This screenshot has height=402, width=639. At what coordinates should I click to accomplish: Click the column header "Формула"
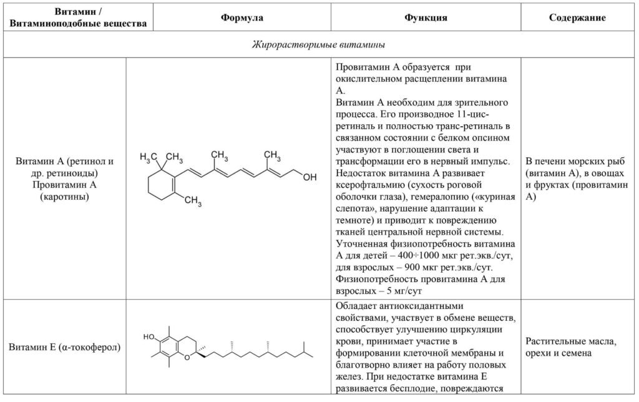point(241,17)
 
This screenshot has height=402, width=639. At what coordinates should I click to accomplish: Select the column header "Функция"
point(426,17)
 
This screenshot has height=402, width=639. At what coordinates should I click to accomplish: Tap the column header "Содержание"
point(577,17)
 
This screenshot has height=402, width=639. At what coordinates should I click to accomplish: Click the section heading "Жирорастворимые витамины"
point(318,44)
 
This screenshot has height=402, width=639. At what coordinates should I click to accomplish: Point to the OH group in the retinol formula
point(310,177)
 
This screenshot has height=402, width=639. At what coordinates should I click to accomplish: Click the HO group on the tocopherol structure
point(149,336)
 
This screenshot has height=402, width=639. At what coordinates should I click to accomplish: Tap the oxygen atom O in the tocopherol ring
point(187,358)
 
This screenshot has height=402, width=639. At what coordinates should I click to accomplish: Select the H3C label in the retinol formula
point(149,157)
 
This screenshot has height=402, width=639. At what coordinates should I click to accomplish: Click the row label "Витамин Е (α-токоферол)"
point(64,347)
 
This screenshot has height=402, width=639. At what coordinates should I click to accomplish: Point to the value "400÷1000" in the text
point(415,256)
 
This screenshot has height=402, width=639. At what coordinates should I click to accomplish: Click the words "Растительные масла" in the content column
point(570,341)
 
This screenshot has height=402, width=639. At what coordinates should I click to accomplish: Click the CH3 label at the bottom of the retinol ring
point(193,201)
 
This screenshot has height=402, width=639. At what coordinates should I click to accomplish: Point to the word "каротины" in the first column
point(64,197)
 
